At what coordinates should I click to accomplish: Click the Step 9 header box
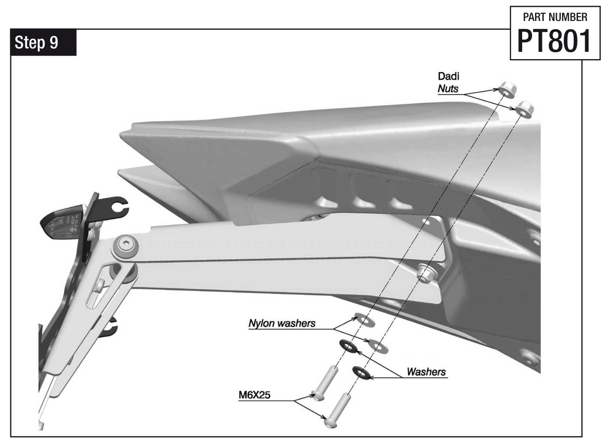43,42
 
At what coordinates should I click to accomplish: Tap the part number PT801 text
554,42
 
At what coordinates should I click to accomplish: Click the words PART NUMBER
555,18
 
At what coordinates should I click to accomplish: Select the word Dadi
448,76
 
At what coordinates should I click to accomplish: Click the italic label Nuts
448,89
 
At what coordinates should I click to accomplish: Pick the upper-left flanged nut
507,90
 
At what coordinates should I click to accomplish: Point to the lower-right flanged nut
524,108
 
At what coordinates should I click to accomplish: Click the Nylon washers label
281,323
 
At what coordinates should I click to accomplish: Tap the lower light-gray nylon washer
378,346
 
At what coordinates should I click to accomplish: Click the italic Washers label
426,372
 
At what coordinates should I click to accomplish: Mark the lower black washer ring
362,373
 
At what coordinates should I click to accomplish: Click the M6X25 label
254,395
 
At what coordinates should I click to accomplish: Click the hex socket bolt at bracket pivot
125,245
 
